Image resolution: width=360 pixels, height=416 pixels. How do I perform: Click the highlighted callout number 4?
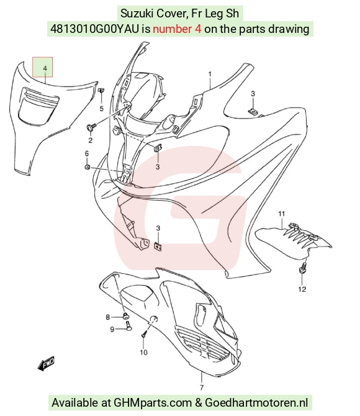(45, 68)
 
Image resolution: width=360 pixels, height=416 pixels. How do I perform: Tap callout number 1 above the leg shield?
(210, 74)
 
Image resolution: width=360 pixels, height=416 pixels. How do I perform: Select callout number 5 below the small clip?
(101, 109)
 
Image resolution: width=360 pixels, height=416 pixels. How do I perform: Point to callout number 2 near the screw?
(91, 140)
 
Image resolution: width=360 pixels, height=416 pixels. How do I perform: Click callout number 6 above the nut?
(87, 153)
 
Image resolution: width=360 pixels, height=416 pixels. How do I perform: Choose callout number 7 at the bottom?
(202, 387)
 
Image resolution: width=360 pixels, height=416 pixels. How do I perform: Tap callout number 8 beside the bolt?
(108, 317)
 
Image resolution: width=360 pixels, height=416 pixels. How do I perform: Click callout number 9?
(112, 329)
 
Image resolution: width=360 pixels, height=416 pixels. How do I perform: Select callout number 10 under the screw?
(143, 352)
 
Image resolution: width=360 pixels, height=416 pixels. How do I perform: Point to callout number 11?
(281, 214)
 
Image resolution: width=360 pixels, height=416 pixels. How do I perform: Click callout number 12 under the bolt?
(302, 289)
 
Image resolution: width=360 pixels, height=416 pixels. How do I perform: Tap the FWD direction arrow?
(46, 363)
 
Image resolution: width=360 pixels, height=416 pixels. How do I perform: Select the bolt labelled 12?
(303, 268)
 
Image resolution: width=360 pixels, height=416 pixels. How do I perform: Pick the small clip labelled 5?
(101, 90)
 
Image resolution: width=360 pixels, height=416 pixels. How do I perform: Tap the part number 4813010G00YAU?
(94, 29)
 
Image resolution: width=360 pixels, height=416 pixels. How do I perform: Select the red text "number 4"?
(177, 29)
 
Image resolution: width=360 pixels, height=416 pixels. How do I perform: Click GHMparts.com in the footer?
(153, 403)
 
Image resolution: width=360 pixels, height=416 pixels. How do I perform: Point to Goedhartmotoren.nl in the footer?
(256, 403)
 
